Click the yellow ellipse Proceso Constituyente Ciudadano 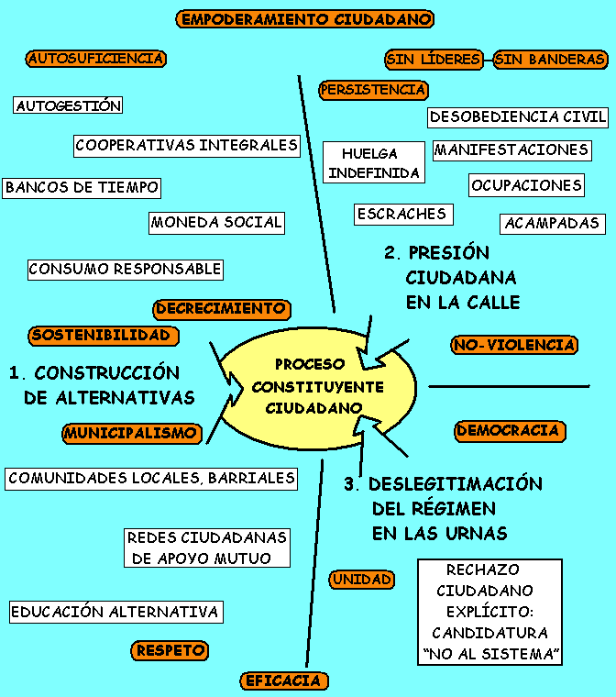coord(317,386)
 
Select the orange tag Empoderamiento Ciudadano coord(304,19)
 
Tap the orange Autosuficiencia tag coord(96,59)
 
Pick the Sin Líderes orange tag coord(434,60)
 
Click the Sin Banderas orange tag coord(550,60)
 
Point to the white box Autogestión coord(69,105)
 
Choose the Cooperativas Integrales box coord(187,145)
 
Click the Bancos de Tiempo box coord(82,187)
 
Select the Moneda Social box coord(216,222)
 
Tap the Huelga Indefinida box coord(374,163)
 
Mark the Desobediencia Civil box coord(518,117)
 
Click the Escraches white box coord(402,214)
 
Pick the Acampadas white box coord(552,223)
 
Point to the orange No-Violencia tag coord(514,345)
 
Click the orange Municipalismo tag coord(131,433)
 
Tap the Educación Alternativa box coord(115,612)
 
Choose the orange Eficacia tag coord(283,680)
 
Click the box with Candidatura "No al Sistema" coord(490,612)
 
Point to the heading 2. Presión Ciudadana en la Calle coord(449,277)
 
